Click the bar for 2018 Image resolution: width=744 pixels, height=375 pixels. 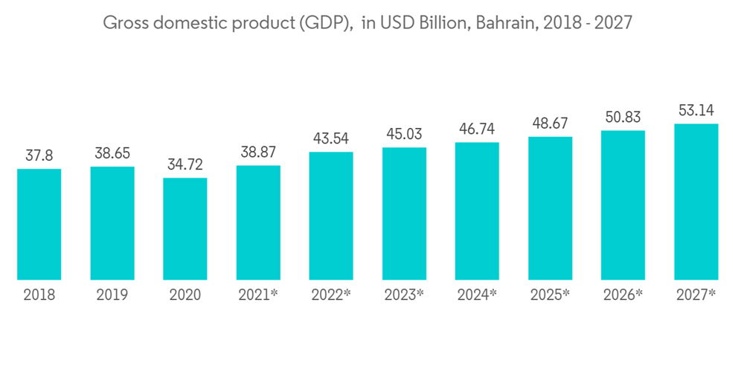39,225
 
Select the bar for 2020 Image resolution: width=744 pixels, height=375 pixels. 185,229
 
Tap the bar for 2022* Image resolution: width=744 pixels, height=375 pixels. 331,217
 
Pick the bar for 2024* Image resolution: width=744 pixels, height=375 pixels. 477,211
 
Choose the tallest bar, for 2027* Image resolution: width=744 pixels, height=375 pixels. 696,202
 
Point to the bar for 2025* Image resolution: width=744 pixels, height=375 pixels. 550,208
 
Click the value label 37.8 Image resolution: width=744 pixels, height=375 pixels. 39,156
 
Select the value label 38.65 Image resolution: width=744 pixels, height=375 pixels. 112,153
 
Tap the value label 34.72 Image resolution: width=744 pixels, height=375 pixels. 185,164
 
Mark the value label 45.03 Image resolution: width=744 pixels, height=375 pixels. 404,135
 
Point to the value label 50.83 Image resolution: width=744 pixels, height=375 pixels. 623,118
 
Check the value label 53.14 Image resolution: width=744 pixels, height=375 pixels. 696,111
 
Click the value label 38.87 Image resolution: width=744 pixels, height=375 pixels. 258,153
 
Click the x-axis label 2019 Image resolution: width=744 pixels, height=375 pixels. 112,295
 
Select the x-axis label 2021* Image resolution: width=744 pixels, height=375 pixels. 258,295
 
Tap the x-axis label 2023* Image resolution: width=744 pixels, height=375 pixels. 404,295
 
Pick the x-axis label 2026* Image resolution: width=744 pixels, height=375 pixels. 623,295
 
